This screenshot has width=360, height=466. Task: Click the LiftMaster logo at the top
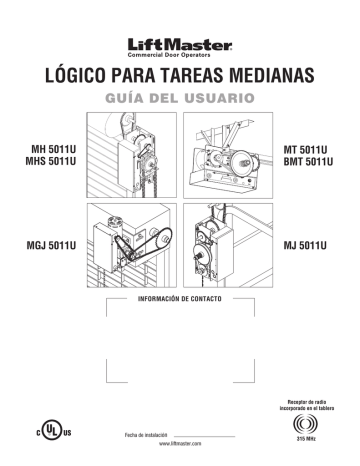tap(179, 43)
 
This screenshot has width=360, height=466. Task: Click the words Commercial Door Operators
tap(179, 56)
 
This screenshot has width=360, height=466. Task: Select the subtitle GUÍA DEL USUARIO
tap(179, 100)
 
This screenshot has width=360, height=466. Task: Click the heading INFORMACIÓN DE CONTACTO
tap(179, 299)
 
